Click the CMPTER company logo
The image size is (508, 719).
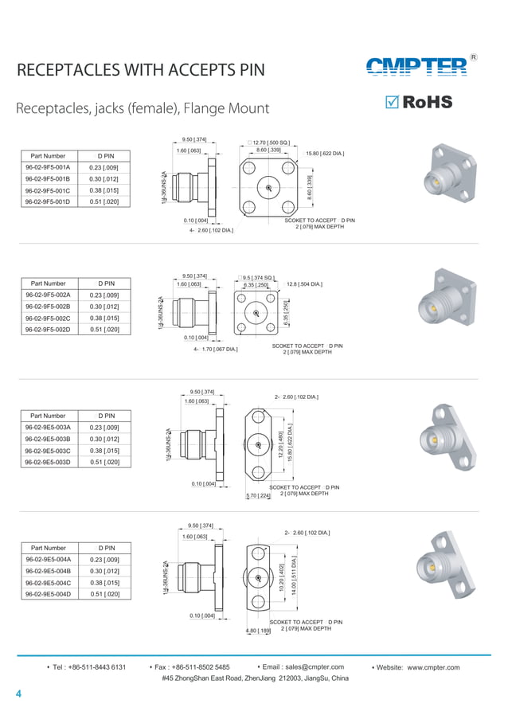click(416, 68)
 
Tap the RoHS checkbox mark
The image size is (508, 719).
click(392, 103)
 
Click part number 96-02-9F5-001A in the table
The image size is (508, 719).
click(48, 168)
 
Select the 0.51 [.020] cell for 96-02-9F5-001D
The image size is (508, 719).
click(104, 202)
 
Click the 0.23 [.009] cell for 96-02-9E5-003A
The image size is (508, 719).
click(104, 428)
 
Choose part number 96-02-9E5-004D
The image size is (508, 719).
click(48, 594)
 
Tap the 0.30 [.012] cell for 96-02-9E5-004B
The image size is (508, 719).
click(104, 571)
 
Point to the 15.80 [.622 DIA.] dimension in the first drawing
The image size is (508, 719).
click(325, 153)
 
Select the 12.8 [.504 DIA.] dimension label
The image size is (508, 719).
click(304, 284)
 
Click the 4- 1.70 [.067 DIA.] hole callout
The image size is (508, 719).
click(215, 349)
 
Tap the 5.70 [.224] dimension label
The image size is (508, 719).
click(259, 496)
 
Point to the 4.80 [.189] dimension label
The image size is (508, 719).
click(258, 631)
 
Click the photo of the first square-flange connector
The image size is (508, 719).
click(451, 174)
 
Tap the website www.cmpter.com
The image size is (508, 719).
click(433, 667)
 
